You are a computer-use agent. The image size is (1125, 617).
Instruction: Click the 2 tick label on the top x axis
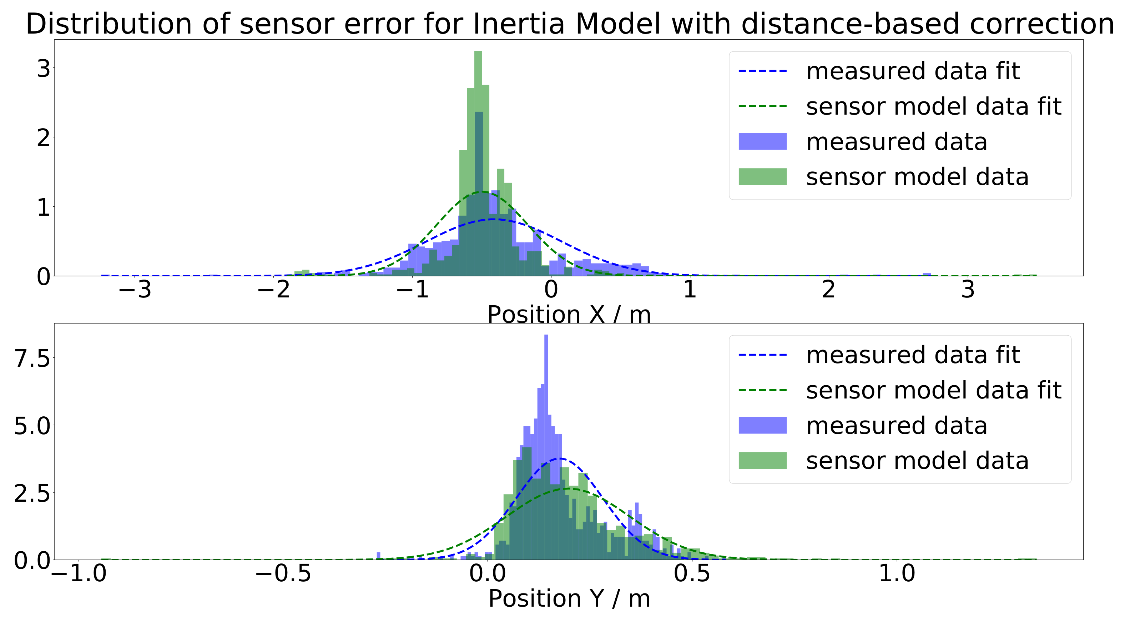829,289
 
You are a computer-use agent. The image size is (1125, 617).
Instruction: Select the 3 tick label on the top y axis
43,69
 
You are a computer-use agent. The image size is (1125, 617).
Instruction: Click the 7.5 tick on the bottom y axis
32,358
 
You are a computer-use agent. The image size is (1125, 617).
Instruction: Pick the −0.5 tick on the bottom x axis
283,573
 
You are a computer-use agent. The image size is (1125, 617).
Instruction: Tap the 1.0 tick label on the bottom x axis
896,573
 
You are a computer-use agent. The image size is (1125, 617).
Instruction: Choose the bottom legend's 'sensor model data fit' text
933,390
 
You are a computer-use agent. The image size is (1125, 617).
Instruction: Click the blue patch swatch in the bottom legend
762,425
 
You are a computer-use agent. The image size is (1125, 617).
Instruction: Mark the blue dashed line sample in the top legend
762,71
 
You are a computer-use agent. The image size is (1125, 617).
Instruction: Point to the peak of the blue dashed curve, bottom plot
559,458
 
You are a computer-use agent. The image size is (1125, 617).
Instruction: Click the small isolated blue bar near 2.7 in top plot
927,275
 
